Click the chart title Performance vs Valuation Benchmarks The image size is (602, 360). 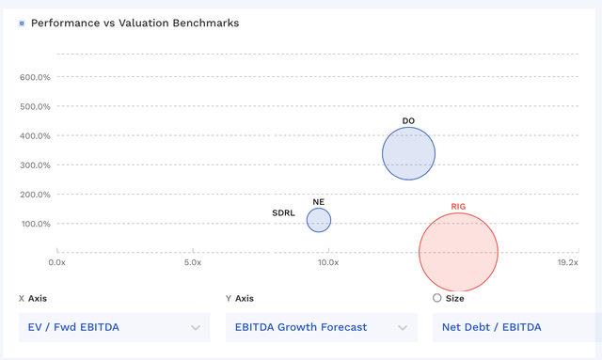(x=135, y=23)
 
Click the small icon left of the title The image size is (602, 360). (x=22, y=23)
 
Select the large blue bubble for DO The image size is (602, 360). (x=408, y=153)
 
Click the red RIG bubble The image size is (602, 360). (x=458, y=252)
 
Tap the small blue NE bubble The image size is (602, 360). (x=319, y=220)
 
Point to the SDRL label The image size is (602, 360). (x=283, y=213)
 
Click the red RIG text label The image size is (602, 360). (x=458, y=206)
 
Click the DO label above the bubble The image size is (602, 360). (x=408, y=121)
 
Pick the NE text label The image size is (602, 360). (x=319, y=202)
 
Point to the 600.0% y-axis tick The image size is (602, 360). (x=35, y=77)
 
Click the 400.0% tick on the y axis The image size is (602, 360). (x=35, y=136)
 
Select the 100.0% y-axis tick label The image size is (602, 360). (x=35, y=224)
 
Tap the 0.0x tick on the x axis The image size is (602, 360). (x=57, y=263)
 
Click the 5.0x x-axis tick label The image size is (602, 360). (x=193, y=263)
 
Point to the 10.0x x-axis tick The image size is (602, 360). (x=327, y=263)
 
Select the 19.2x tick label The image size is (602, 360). (x=567, y=263)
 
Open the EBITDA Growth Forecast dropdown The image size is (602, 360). (x=320, y=327)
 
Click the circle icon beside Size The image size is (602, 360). (x=436, y=298)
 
